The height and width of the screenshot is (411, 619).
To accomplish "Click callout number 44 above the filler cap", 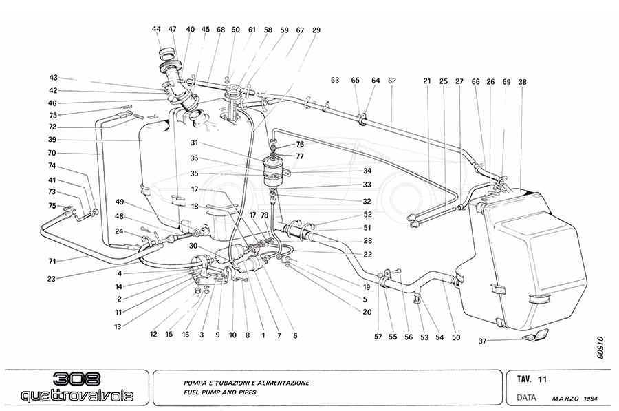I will pos(156,29).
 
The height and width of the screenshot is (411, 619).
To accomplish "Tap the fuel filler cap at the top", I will pos(167,54).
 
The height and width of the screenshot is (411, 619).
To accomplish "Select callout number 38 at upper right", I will pos(523,81).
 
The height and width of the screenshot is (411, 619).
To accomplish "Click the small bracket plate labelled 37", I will pos(536,337).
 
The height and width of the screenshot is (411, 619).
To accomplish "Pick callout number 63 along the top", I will pos(335,81).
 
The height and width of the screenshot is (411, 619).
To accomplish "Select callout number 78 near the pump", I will pos(265,215).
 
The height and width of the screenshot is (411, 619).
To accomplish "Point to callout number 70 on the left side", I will pos(52,153).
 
